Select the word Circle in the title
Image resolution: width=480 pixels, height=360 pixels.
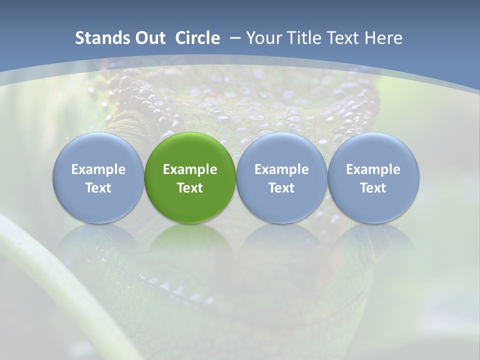[197, 38]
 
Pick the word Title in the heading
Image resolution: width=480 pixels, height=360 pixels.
[307, 38]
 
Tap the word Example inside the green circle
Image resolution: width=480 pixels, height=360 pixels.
[190, 169]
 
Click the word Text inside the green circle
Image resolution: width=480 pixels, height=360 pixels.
[190, 188]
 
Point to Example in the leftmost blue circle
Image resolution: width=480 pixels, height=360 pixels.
[98, 169]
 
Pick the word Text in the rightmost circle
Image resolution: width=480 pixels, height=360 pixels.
[373, 188]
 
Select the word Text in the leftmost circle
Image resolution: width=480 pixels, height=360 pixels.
[98, 188]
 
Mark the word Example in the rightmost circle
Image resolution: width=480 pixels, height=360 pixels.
[373, 169]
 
